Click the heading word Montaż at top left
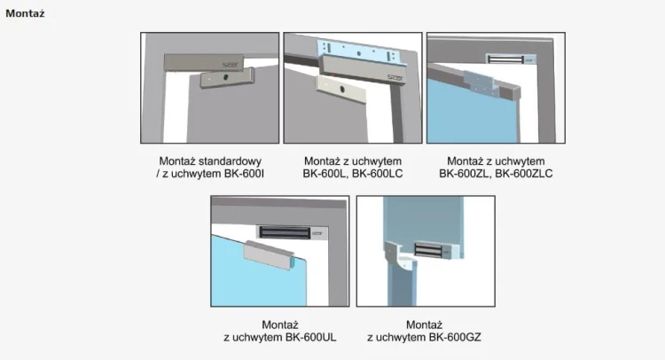click(x=25, y=13)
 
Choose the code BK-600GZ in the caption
click(x=455, y=337)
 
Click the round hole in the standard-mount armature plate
click(x=225, y=78)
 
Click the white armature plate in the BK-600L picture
click(x=340, y=89)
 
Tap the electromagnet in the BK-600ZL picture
click(x=511, y=59)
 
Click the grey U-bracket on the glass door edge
click(x=269, y=254)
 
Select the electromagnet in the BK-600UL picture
click(x=293, y=232)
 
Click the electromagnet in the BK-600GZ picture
click(x=436, y=250)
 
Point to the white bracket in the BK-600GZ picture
click(x=400, y=254)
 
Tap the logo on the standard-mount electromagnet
click(x=231, y=65)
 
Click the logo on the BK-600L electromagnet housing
click(x=395, y=78)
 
